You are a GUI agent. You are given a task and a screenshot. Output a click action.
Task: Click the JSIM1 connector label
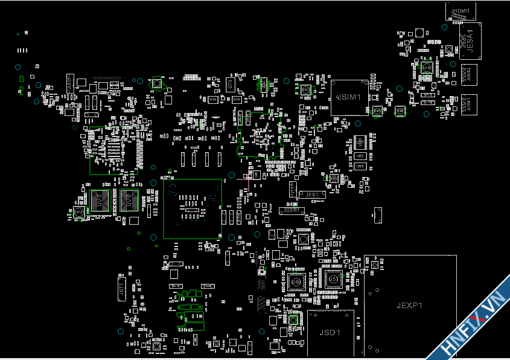(x=349, y=97)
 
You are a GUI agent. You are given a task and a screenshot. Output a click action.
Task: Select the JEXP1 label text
(x=409, y=305)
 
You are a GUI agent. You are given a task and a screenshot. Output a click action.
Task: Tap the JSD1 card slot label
(x=330, y=333)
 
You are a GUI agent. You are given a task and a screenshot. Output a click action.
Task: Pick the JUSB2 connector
(x=469, y=74)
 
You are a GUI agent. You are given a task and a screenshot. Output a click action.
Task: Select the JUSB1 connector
(x=468, y=104)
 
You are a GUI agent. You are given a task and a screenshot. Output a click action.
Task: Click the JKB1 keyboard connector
(x=312, y=194)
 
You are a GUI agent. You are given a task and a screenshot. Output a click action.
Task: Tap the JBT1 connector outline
(x=121, y=290)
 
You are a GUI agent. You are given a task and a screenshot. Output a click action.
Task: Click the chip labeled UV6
(x=129, y=201)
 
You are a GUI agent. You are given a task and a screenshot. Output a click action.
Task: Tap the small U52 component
(x=360, y=156)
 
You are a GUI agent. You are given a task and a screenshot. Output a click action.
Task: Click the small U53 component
(x=360, y=165)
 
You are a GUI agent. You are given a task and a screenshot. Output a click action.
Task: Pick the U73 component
(x=230, y=84)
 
